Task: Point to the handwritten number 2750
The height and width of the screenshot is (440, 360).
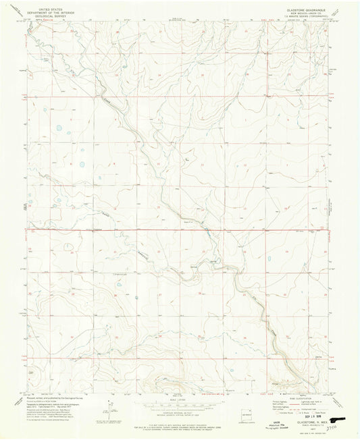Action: pyautogui.click(x=330, y=427)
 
